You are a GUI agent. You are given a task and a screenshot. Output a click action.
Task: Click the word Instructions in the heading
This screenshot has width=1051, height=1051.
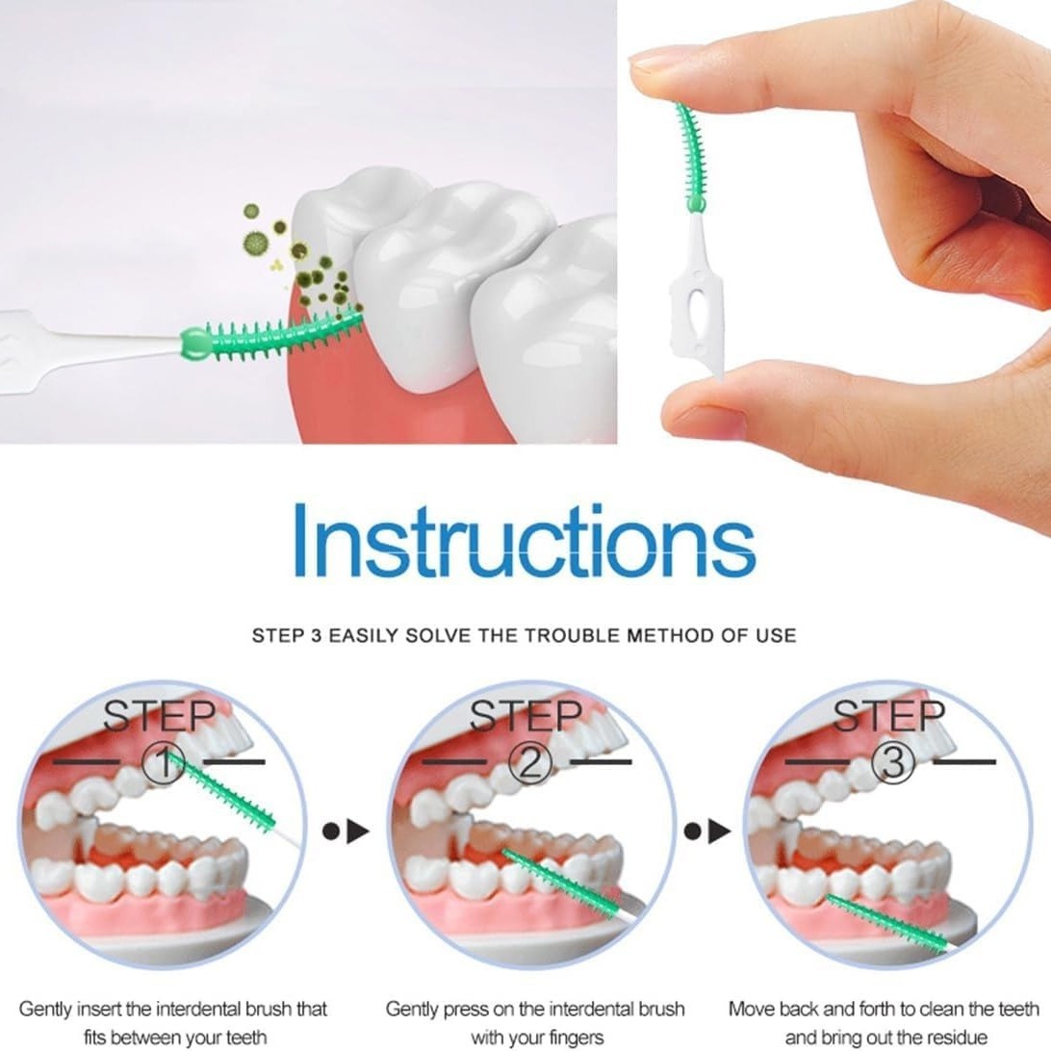click(x=525, y=541)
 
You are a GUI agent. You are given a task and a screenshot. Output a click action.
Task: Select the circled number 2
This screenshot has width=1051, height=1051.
click(x=530, y=763)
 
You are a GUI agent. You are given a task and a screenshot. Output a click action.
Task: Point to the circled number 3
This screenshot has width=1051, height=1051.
click(x=894, y=763)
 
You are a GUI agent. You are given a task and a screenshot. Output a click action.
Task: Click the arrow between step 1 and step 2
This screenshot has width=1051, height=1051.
click(x=346, y=832)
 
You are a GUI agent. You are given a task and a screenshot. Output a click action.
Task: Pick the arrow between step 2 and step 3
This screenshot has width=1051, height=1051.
click(x=707, y=832)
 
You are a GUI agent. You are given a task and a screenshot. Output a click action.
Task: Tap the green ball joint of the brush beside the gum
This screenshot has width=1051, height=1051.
click(x=193, y=342)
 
